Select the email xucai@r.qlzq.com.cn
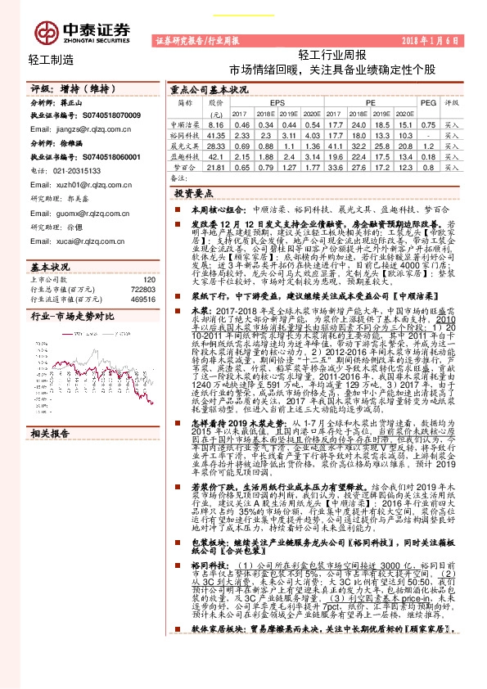(x=77, y=241)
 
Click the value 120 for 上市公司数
(x=148, y=279)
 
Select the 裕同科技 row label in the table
(x=184, y=133)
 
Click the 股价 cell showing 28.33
(x=216, y=145)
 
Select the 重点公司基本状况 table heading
(x=210, y=88)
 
